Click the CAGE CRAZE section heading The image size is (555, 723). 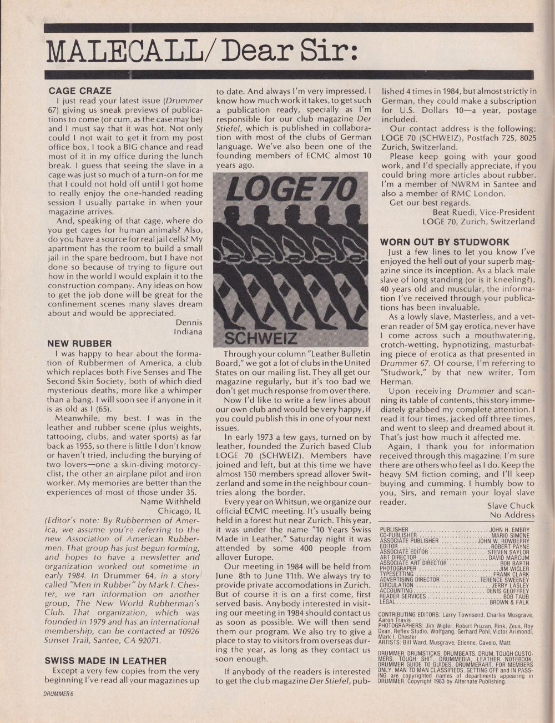[80, 91]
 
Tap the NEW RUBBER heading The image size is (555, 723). [79, 344]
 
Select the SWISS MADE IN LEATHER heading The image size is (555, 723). [105, 661]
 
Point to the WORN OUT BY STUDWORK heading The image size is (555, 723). [444, 242]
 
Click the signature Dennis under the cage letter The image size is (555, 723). [189, 322]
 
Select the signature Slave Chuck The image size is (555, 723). [511, 505]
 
